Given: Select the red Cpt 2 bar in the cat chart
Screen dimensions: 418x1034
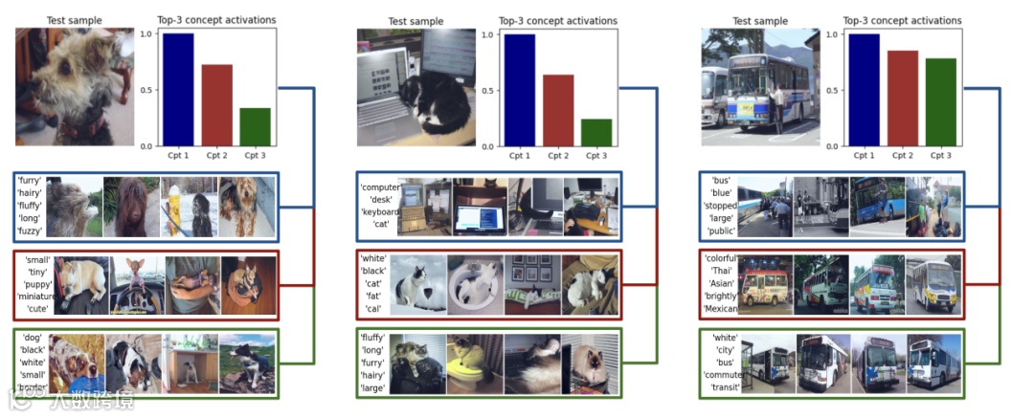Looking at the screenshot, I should (x=557, y=110).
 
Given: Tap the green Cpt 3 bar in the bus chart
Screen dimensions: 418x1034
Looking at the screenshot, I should (x=940, y=102).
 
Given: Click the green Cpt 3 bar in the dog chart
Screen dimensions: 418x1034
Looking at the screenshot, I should (x=255, y=127).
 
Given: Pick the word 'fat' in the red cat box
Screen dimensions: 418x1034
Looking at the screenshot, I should (x=372, y=297).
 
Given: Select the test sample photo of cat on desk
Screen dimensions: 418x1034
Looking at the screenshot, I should (x=416, y=87).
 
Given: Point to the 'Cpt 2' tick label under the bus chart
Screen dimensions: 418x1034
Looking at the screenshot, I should (x=902, y=155).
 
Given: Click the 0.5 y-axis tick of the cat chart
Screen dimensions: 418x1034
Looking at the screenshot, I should (x=486, y=92).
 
